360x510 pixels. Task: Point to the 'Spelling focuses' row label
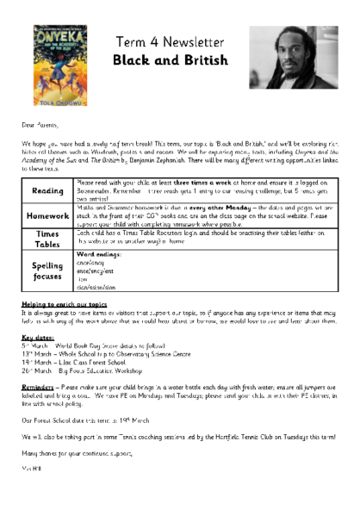[47, 272]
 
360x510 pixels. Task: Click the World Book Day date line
[82, 345]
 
